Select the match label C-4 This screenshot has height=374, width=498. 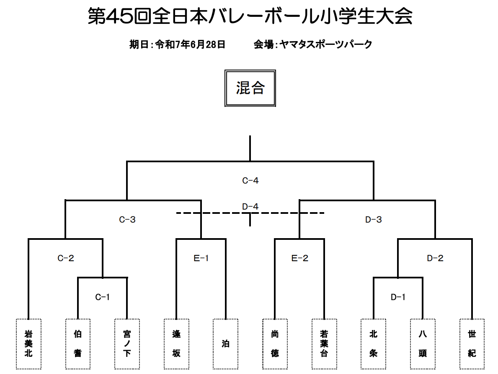(x=250, y=181)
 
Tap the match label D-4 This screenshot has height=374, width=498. (x=250, y=207)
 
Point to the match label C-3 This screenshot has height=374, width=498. (x=127, y=219)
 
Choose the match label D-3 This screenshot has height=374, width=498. (x=374, y=219)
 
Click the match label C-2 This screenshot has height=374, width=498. (x=66, y=258)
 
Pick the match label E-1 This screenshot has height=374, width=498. (x=201, y=258)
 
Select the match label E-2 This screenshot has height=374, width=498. (x=300, y=258)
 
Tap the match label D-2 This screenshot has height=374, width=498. (x=435, y=258)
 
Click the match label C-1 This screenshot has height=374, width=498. (x=102, y=297)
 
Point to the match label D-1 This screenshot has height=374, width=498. (x=398, y=297)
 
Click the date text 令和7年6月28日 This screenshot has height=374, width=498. (x=190, y=44)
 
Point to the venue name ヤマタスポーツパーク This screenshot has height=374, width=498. (x=326, y=44)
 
